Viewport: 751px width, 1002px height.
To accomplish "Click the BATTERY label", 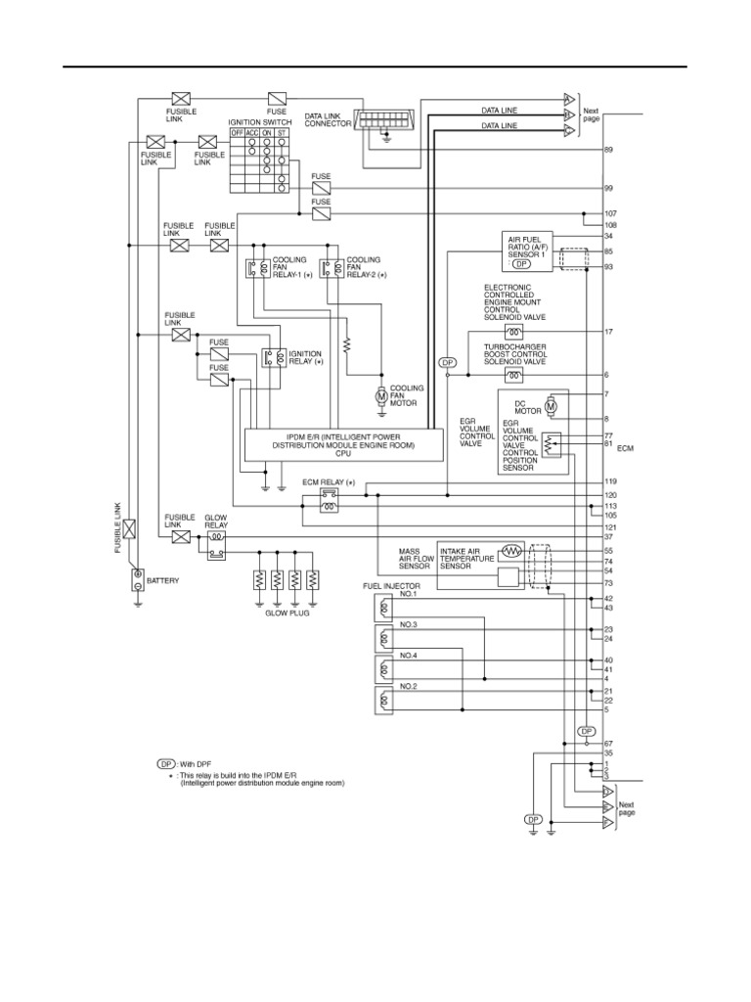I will point(163,580).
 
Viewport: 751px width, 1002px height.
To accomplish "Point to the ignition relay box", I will point(272,358).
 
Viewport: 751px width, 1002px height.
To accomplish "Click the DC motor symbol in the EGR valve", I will point(551,403).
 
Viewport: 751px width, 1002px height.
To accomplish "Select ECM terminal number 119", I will point(610,481).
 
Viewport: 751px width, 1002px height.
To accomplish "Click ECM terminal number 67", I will point(608,744).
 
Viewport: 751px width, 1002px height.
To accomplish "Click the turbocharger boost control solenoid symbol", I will point(512,375).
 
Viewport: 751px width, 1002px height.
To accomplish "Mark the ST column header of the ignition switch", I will point(282,132).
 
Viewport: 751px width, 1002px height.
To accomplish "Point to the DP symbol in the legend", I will point(166,762).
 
